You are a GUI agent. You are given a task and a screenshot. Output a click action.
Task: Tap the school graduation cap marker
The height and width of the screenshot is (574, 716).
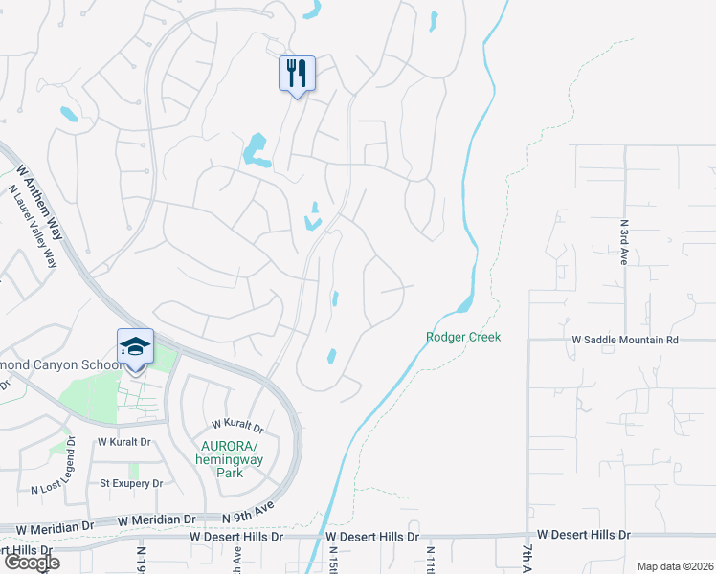tap(135, 347)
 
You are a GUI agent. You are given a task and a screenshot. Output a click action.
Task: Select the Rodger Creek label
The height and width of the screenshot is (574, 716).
tap(463, 337)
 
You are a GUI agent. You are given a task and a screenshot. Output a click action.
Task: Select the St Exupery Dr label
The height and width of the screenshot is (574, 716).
tap(131, 483)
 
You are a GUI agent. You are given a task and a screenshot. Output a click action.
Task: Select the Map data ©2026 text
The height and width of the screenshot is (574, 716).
tap(675, 566)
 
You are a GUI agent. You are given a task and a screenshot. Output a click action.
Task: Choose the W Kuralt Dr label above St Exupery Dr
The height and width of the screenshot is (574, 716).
tap(124, 442)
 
